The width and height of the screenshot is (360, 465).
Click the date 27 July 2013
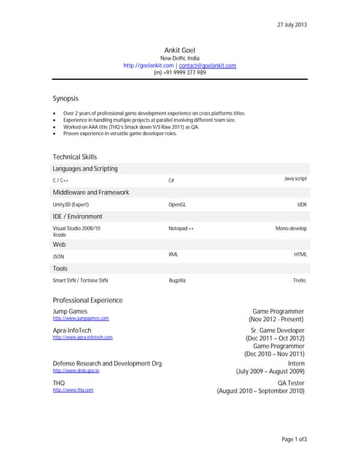click(x=292, y=25)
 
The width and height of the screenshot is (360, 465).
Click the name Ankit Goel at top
click(x=180, y=49)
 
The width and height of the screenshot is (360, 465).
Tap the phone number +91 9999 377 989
click(x=180, y=73)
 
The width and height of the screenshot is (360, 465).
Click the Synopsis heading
click(x=65, y=98)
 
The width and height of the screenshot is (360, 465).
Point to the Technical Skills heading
click(x=75, y=157)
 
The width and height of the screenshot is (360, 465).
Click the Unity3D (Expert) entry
click(x=71, y=205)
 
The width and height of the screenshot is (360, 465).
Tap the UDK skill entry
click(x=302, y=205)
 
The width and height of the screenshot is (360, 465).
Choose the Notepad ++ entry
click(x=181, y=228)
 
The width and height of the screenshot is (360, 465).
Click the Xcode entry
click(x=60, y=235)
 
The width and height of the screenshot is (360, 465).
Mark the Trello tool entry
click(x=300, y=280)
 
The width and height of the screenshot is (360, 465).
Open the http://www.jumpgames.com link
click(x=81, y=318)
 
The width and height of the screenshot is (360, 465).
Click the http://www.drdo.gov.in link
click(x=76, y=371)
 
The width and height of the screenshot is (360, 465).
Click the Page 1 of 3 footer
click(x=295, y=440)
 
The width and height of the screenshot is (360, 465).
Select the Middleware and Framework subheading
click(x=91, y=193)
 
